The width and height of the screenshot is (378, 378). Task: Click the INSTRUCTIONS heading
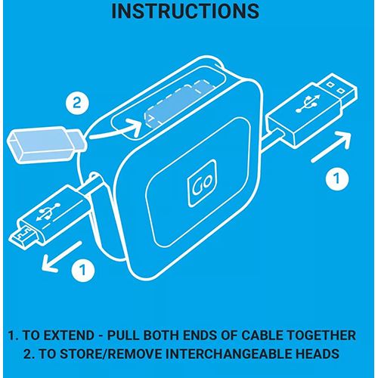tap(185, 11)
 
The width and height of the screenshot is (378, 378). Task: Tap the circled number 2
tap(77, 104)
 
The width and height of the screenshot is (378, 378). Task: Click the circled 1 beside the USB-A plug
tap(337, 178)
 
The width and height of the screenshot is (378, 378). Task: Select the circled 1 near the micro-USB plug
tap(83, 270)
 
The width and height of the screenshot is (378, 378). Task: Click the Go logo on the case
tap(203, 184)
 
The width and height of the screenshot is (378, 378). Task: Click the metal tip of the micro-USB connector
tap(24, 237)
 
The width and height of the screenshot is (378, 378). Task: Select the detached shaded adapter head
tap(46, 144)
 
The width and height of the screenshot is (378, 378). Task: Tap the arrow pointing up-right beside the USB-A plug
tap(332, 147)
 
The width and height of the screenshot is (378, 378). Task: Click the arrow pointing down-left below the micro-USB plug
tap(61, 256)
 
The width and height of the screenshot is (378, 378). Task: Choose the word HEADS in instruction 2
tap(317, 354)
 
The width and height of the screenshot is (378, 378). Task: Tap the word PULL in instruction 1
tap(122, 335)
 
